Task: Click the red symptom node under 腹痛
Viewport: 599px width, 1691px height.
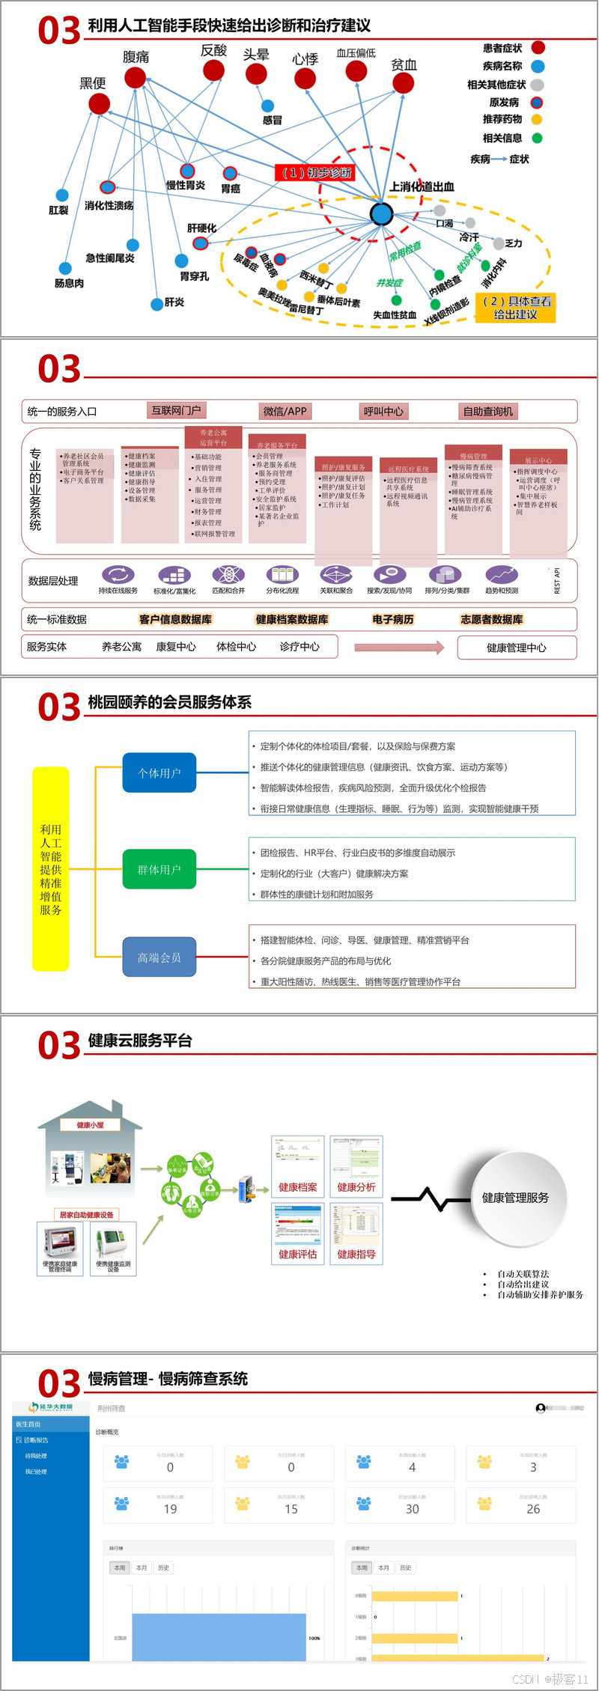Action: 135,77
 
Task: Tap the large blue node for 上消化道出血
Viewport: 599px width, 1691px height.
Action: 382,214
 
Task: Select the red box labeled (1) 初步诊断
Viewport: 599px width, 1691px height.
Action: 314,173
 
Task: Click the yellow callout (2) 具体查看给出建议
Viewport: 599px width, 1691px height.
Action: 516,308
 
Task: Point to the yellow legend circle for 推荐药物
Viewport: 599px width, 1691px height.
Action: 537,120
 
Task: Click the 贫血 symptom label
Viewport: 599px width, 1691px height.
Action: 404,65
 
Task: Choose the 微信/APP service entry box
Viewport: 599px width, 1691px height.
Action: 285,411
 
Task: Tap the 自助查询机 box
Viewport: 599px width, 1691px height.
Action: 488,411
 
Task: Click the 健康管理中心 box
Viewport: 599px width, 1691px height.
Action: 517,648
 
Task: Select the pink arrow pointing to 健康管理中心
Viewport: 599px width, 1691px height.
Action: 399,648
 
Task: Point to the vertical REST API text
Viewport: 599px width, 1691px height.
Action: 557,582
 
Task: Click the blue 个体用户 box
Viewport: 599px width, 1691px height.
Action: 159,773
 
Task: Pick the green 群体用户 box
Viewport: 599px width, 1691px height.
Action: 159,869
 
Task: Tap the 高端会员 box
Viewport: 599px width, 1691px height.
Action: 159,957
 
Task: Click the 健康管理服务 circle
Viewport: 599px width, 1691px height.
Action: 515,1198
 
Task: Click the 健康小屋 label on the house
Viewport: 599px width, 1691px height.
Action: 91,1125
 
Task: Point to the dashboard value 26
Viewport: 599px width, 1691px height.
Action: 533,1509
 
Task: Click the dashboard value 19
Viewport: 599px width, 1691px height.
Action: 171,1509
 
